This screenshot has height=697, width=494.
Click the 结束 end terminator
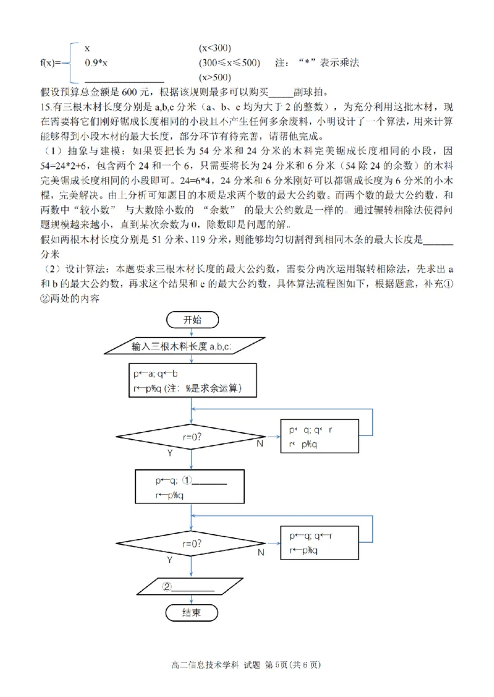(191, 612)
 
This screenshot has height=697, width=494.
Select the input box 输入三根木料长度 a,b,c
(191, 346)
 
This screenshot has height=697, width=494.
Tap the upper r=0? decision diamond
(191, 437)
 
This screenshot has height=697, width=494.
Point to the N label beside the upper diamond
(260, 443)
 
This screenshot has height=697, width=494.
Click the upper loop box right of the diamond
(319, 437)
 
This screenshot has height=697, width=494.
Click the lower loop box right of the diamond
(319, 543)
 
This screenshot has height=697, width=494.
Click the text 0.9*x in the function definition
(96, 63)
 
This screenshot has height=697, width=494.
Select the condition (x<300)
(215, 48)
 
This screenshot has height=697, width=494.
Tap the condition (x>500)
(215, 78)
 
